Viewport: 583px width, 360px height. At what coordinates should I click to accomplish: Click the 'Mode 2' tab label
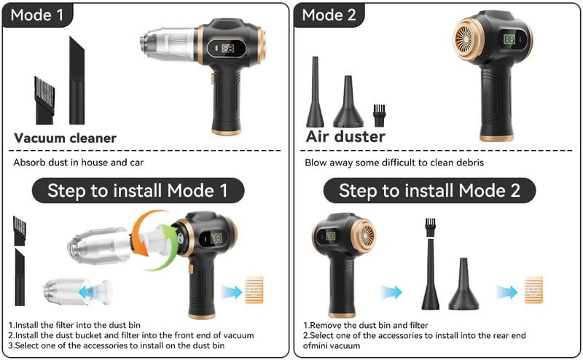(329, 15)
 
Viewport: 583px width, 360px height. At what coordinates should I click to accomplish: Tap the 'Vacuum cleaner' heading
(65, 138)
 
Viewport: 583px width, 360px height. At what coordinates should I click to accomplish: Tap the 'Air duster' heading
(345, 136)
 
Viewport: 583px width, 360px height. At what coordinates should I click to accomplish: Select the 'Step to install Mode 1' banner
(138, 191)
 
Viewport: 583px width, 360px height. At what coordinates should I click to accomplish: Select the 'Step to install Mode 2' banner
(429, 191)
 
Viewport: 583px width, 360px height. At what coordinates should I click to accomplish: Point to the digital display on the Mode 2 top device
(509, 41)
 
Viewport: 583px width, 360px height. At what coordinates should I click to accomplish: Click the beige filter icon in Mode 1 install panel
(254, 290)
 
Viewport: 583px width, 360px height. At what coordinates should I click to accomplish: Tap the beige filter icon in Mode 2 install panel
(533, 290)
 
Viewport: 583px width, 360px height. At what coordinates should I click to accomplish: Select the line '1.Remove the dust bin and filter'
(365, 325)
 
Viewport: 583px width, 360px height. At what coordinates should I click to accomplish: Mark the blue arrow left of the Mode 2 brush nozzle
(391, 292)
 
